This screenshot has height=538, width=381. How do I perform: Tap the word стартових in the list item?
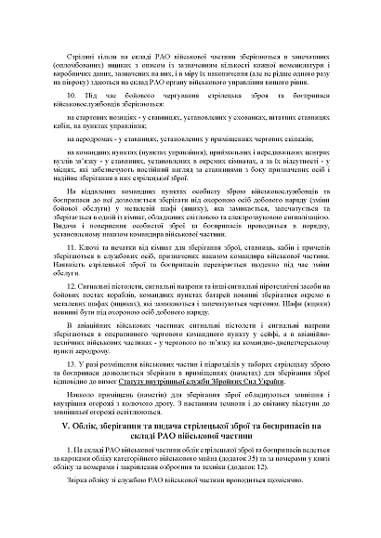coord(97,118)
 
